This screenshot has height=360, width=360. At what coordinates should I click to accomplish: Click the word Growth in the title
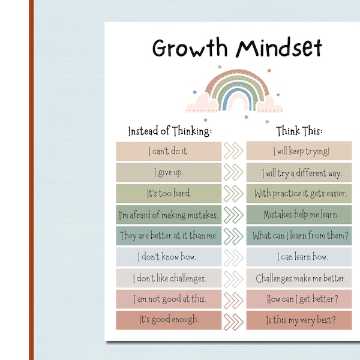(x=190, y=48)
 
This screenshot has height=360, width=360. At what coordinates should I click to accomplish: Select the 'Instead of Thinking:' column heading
(x=170, y=131)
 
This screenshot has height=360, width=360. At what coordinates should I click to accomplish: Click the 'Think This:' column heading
(x=299, y=131)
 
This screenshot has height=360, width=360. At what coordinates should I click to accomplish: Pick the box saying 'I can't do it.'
(x=169, y=152)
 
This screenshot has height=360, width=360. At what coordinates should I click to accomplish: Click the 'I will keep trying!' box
(x=299, y=152)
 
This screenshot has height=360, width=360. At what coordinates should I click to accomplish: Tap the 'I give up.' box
(x=169, y=173)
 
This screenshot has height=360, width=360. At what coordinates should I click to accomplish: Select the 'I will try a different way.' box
(x=299, y=173)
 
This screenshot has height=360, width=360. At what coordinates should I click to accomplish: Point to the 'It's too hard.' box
(x=169, y=194)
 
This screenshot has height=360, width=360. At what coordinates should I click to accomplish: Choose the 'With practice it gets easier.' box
(x=299, y=194)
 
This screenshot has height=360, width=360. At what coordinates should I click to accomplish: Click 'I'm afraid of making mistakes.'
(x=169, y=215)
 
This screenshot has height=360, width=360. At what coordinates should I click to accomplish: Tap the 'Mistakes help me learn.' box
(x=299, y=215)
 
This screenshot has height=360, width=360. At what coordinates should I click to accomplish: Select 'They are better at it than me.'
(x=169, y=236)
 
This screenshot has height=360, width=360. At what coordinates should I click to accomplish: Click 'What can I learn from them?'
(x=299, y=236)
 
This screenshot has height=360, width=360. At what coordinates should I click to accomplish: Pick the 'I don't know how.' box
(x=169, y=257)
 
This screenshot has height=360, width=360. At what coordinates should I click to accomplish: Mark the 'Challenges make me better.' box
(x=299, y=278)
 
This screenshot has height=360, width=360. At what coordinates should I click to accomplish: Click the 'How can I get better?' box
(x=299, y=299)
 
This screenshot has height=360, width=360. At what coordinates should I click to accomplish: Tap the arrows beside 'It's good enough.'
(x=234, y=320)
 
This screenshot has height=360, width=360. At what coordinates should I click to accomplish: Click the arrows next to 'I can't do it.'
(x=234, y=152)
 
